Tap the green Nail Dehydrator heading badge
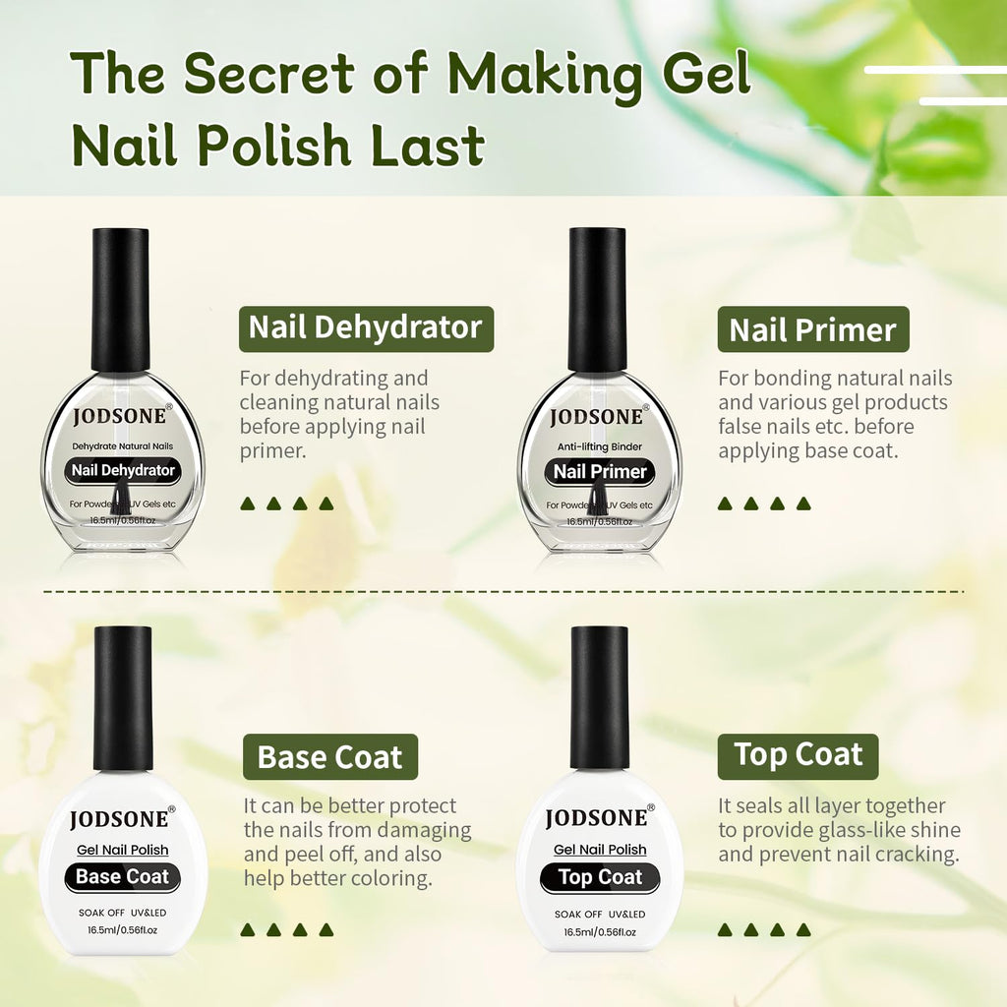click(366, 328)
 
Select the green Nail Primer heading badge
click(812, 330)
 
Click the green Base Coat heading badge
click(329, 757)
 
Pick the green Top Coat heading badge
click(798, 755)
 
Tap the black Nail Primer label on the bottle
click(599, 471)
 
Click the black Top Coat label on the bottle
click(599, 877)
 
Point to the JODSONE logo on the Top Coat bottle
click(597, 818)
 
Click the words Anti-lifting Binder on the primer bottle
click(599, 447)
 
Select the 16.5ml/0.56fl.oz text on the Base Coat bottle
click(123, 930)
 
